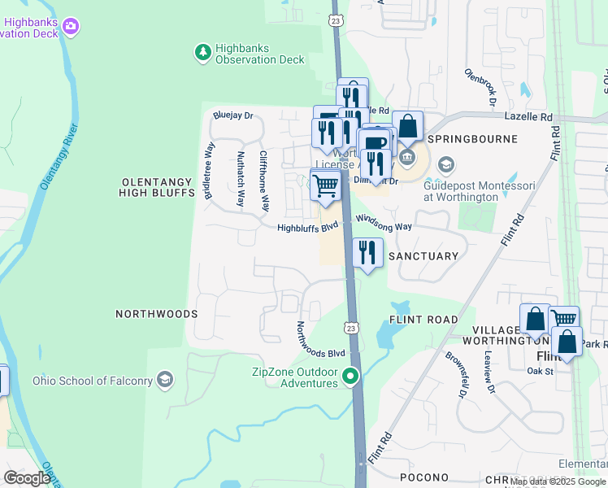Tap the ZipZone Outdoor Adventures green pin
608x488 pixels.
click(350, 377)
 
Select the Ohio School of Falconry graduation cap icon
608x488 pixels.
click(165, 380)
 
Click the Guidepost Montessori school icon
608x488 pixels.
click(445, 166)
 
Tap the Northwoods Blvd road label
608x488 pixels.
click(320, 341)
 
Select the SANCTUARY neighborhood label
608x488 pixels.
click(423, 256)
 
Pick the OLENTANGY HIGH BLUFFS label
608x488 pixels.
click(158, 187)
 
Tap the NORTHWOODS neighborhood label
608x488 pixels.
click(157, 313)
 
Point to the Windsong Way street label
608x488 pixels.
click(384, 224)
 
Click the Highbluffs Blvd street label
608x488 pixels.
click(307, 229)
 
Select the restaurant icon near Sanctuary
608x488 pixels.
click(367, 253)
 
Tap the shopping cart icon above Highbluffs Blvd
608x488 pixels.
click(326, 184)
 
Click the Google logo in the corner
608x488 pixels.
click(26, 477)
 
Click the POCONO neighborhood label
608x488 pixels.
click(424, 477)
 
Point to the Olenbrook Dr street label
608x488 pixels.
click(480, 87)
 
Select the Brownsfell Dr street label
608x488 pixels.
click(454, 374)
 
